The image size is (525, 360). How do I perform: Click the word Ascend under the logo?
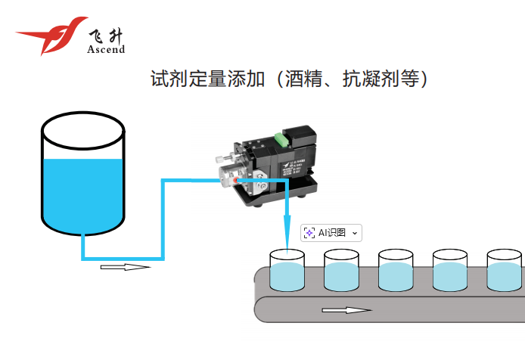point(106,49)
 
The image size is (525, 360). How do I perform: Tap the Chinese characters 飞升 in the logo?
point(106,35)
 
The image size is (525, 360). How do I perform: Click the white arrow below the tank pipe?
point(125,267)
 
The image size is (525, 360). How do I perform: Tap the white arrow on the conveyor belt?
point(346,311)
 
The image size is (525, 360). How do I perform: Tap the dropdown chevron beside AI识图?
point(355,233)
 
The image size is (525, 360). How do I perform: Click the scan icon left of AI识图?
point(309,233)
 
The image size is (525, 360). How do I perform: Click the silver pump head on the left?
point(227,176)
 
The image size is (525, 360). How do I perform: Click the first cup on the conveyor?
point(287,272)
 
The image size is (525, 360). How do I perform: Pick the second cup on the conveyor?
point(341,272)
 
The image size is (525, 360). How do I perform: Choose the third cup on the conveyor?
point(396,272)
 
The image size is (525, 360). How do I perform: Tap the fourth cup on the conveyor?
point(450,272)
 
